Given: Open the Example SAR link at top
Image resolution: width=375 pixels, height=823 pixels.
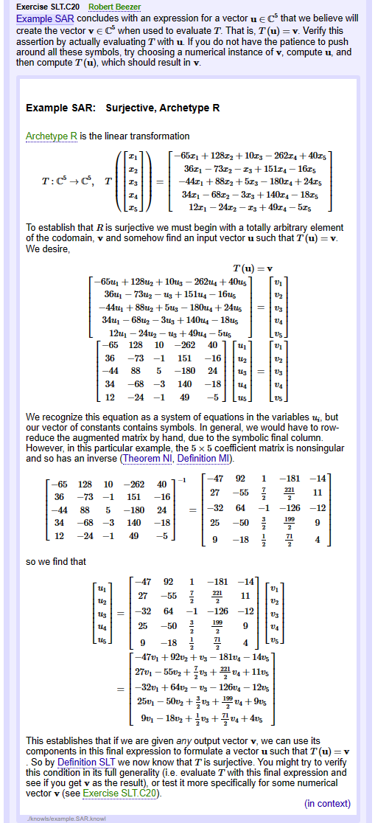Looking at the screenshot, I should click(43, 18).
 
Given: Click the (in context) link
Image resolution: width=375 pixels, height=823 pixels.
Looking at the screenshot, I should click(327, 804).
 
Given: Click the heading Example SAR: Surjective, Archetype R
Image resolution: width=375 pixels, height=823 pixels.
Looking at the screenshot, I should click(122, 108).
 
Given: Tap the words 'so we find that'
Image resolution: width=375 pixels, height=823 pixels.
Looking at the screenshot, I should click(56, 561).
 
